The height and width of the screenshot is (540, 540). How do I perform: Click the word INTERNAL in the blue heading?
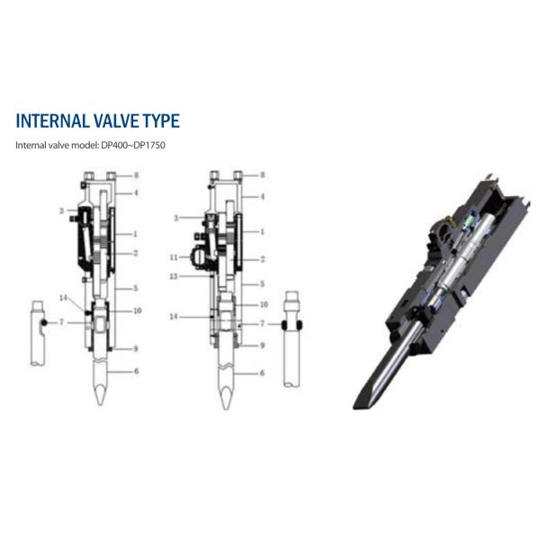[57, 121]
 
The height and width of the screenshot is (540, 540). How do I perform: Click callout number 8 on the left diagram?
[135, 175]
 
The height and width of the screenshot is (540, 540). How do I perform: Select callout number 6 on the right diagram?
[262, 373]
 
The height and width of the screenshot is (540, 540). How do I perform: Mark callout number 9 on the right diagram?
[262, 345]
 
